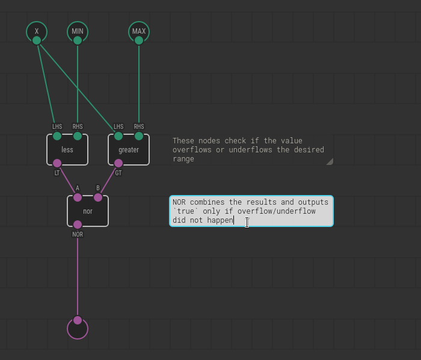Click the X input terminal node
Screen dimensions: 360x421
pyautogui.click(x=37, y=31)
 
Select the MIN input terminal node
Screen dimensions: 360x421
pyautogui.click(x=78, y=31)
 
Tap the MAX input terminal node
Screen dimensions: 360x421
pyautogui.click(x=139, y=31)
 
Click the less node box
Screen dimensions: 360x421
pyautogui.click(x=67, y=150)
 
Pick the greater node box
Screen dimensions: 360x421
pyautogui.click(x=129, y=150)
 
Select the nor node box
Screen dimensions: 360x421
pyautogui.click(x=88, y=211)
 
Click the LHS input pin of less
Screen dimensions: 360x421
pyautogui.click(x=57, y=136)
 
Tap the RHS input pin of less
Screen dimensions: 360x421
pyautogui.click(x=78, y=136)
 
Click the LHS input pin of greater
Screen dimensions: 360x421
pyautogui.click(x=118, y=136)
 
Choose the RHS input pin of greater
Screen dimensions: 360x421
pyautogui.click(x=139, y=136)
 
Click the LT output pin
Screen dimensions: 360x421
pyautogui.click(x=57, y=163)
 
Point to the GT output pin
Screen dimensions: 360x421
pyautogui.click(x=118, y=163)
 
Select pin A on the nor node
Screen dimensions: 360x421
pyautogui.click(x=78, y=197)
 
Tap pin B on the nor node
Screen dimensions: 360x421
pyautogui.click(x=98, y=197)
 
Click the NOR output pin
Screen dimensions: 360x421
pyautogui.click(x=78, y=225)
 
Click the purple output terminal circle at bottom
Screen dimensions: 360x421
pyautogui.click(x=78, y=328)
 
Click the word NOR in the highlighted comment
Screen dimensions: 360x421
pyautogui.click(x=179, y=202)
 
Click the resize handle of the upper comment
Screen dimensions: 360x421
pyautogui.click(x=329, y=161)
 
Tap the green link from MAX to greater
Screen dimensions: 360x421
pyautogui.click(x=139, y=84)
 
